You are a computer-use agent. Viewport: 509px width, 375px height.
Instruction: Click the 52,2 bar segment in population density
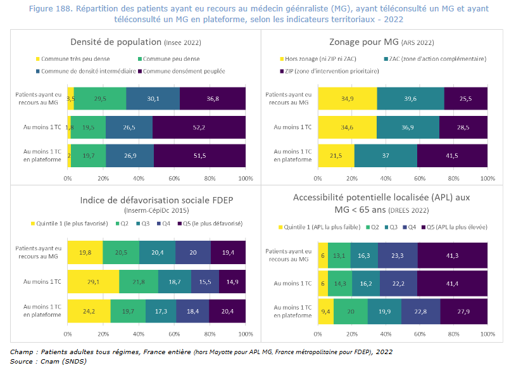pyautogui.click(x=199, y=127)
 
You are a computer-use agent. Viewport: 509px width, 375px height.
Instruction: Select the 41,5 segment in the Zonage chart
pyautogui.click(x=452, y=155)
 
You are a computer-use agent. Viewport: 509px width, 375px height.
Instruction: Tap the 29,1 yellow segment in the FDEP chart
pyautogui.click(x=93, y=281)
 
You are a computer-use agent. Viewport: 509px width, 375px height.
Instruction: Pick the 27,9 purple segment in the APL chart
pyautogui.click(x=463, y=311)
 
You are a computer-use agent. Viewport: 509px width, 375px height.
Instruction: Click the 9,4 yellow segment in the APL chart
pyautogui.click(x=325, y=311)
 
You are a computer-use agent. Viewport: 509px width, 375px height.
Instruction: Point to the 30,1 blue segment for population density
pyautogui.click(x=153, y=98)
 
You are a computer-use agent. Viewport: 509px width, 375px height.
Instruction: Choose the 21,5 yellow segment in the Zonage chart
pyautogui.click(x=336, y=155)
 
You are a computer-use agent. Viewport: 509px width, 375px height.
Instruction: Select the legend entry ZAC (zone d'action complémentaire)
pyautogui.click(x=436, y=59)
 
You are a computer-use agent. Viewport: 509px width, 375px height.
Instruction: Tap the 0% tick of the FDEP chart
pyautogui.click(x=68, y=333)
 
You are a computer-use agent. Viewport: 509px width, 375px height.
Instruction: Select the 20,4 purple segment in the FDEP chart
pyautogui.click(x=228, y=311)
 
